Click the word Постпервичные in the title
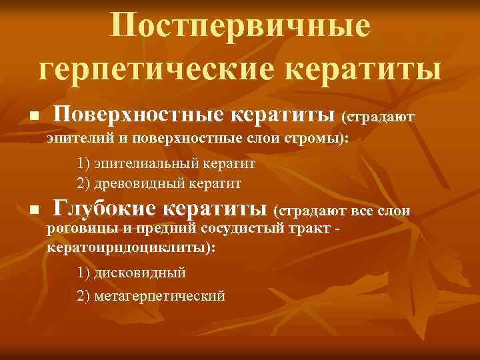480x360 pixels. click(x=240, y=26)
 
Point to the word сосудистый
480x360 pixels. click(x=234, y=230)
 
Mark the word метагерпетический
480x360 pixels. click(x=160, y=295)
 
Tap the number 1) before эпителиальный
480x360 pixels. click(x=83, y=163)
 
